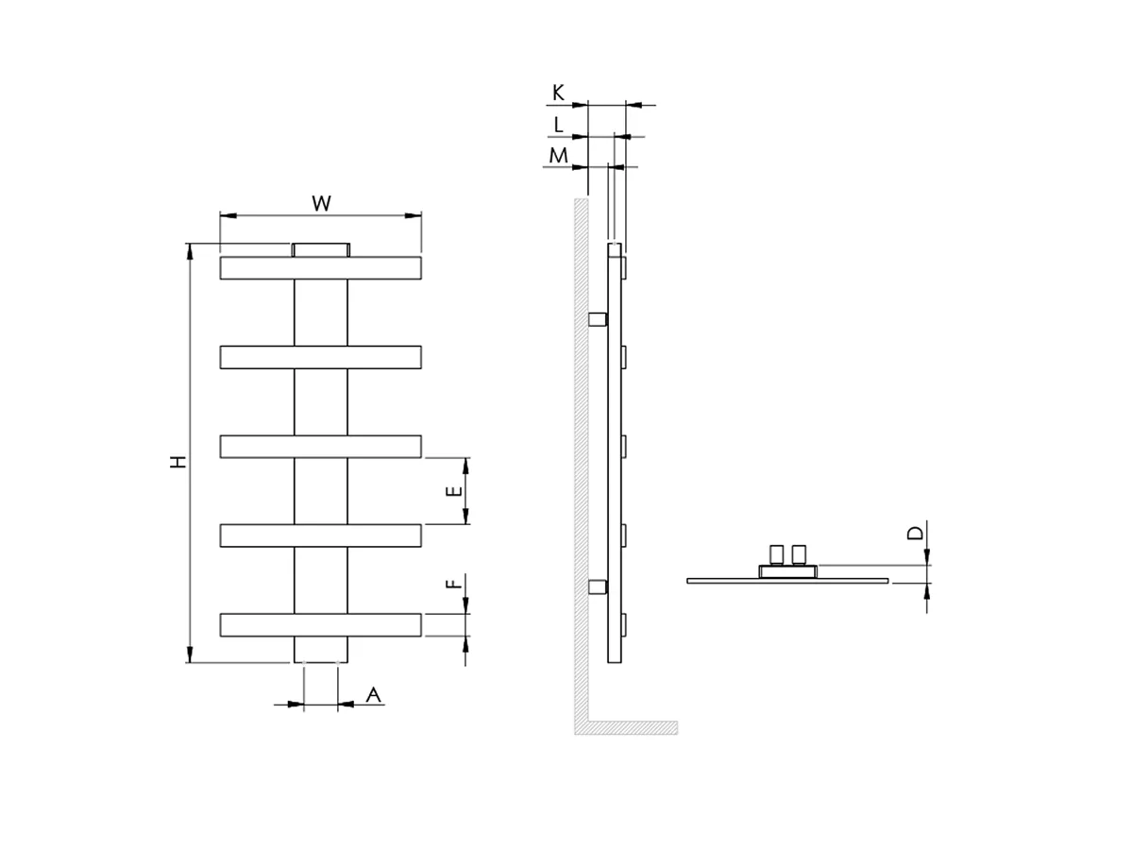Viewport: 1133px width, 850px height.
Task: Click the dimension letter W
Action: click(x=321, y=203)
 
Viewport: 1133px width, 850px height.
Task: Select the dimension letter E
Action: click(x=454, y=490)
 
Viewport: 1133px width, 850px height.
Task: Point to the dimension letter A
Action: click(x=373, y=695)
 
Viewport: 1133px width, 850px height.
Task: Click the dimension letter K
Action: click(x=558, y=93)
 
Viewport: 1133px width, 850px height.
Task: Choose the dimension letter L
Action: click(x=558, y=124)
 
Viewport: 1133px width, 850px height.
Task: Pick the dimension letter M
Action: click(x=558, y=154)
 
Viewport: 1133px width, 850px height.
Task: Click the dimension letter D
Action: click(x=915, y=534)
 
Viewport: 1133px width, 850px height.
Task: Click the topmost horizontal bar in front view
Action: click(x=320, y=267)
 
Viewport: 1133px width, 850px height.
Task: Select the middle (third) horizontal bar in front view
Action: click(x=320, y=446)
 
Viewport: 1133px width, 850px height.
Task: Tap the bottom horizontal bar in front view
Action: click(x=320, y=624)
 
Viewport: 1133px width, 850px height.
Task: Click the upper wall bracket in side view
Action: click(x=597, y=319)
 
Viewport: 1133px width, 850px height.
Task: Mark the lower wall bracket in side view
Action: click(x=597, y=587)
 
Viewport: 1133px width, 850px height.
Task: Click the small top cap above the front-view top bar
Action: click(x=320, y=249)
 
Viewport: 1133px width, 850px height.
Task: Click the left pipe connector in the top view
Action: click(x=777, y=553)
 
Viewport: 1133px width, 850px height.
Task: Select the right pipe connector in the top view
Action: click(x=800, y=553)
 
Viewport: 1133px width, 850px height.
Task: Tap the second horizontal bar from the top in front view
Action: click(x=320, y=357)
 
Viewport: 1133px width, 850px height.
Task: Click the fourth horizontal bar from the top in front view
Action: click(x=320, y=535)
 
